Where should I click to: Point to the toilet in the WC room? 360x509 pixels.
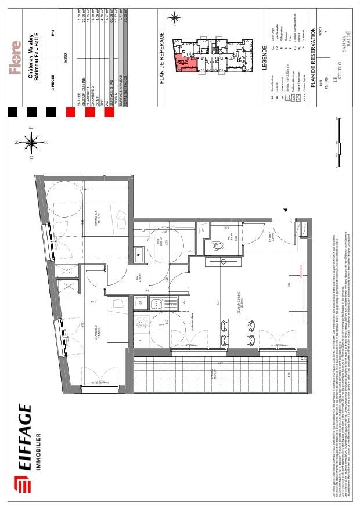219,246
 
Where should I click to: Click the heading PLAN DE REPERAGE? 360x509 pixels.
163,59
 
